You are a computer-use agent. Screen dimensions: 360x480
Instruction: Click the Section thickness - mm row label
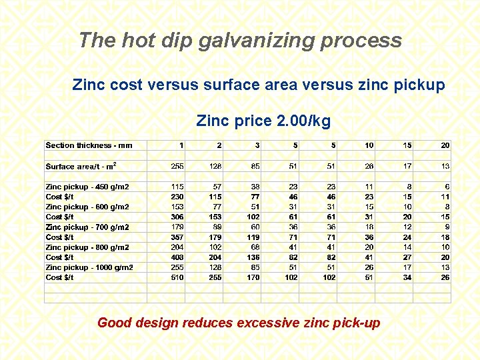(89, 145)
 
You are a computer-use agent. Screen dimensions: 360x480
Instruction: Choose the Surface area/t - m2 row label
(79, 166)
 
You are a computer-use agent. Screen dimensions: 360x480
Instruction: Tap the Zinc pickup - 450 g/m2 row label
(87, 187)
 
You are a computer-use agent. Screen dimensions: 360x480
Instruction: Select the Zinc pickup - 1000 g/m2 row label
(89, 267)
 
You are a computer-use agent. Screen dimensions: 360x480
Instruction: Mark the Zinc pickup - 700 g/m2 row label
(87, 227)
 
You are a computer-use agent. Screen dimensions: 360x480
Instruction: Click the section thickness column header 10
(369, 145)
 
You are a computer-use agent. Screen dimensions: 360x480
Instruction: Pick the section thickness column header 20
(445, 145)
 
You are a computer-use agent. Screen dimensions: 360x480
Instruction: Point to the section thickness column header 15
(407, 145)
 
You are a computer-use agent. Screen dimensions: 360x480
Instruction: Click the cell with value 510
(177, 277)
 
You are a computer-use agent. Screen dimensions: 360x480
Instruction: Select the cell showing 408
(177, 257)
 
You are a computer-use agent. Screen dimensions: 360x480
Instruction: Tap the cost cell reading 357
(177, 237)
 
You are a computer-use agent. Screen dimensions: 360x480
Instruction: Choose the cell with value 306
(177, 217)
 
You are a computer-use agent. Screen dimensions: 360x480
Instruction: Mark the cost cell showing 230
(177, 197)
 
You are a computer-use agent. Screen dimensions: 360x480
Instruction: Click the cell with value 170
(253, 277)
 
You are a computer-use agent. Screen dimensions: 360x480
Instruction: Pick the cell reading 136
(253, 257)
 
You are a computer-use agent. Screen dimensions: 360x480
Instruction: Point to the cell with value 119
(253, 237)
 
